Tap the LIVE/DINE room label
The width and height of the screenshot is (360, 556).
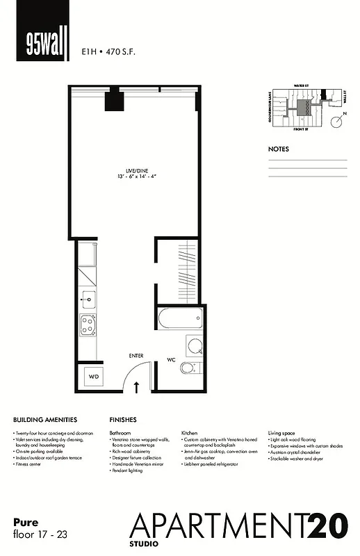[x=136, y=173]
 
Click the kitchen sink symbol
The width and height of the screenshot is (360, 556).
[x=88, y=301]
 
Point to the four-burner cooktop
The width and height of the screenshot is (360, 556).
[x=88, y=325]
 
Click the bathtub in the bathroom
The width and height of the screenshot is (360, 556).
[x=180, y=320]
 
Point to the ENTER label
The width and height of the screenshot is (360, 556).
[x=136, y=356]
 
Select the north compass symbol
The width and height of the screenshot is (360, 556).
[x=336, y=122]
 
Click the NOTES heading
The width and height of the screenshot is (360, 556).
[x=279, y=149]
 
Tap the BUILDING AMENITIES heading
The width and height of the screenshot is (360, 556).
[x=45, y=420]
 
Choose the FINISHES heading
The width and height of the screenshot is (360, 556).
[x=123, y=420]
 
